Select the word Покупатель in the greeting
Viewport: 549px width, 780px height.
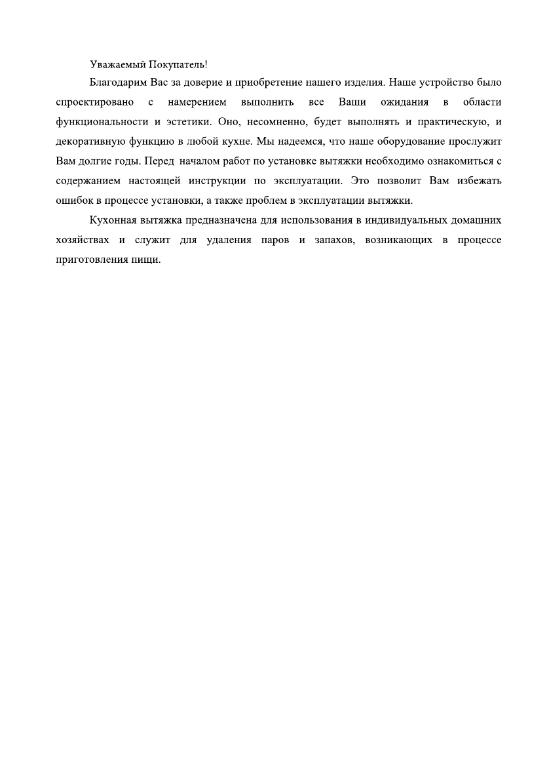coord(178,64)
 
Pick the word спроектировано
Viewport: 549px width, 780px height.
coord(96,102)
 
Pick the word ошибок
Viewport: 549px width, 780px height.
coord(73,199)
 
